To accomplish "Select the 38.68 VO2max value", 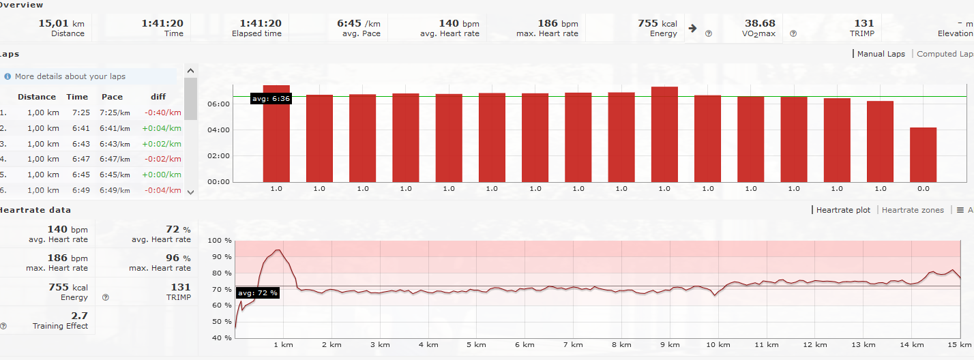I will coord(759,23).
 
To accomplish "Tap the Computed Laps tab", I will coord(945,54).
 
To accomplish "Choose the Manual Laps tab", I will coord(881,54).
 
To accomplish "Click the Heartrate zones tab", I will coord(913,210).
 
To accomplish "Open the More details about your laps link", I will coord(70,76).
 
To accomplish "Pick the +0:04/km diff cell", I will coord(162,128).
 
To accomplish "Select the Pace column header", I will coord(112,97).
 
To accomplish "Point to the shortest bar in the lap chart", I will coord(923,154).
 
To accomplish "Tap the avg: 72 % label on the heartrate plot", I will coord(258,293).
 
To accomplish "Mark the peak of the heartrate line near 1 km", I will coord(278,250).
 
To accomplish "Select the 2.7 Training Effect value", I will coord(79,316).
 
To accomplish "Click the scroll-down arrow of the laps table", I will coord(190,192).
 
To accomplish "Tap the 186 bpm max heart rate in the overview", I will coord(557,23).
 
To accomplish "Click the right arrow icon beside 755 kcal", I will coord(692,29).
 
